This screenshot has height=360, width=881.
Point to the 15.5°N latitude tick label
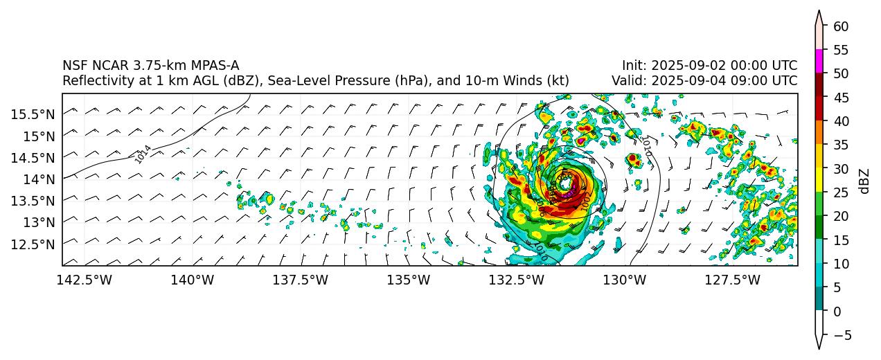click(x=33, y=114)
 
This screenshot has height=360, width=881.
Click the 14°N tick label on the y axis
click(x=38, y=179)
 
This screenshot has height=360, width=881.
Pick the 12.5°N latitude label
click(x=33, y=244)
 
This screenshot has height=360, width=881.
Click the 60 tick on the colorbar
click(x=841, y=26)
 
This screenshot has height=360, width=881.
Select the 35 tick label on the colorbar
click(x=841, y=145)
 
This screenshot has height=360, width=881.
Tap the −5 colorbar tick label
click(x=841, y=336)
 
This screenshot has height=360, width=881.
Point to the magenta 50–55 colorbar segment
click(x=819, y=61)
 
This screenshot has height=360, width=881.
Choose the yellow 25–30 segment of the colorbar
click(x=819, y=180)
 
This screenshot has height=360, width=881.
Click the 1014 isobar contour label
click(x=143, y=154)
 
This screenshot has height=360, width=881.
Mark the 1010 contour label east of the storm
click(x=646, y=146)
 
